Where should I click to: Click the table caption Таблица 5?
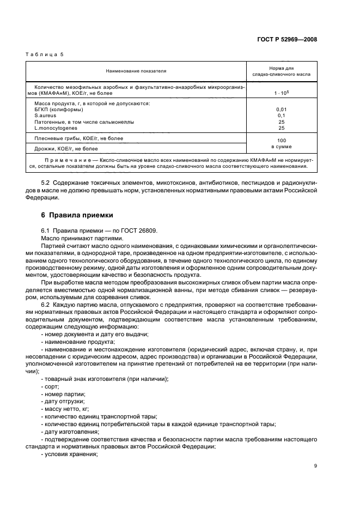46,56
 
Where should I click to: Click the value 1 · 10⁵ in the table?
282,93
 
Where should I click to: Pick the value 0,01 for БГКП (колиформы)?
282,110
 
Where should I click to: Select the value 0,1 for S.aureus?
282,116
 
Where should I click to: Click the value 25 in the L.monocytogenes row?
282,128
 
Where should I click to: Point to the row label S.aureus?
45,116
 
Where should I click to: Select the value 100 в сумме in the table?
282,143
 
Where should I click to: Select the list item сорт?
51,386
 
